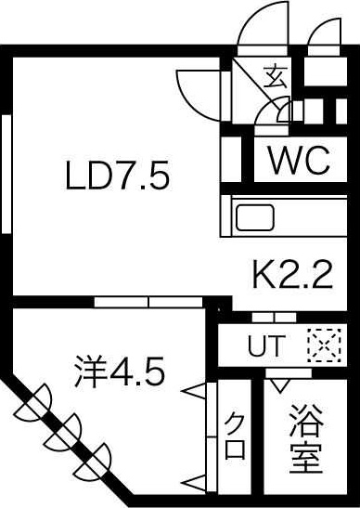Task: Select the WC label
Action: (x=299, y=162)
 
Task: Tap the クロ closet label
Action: (x=235, y=436)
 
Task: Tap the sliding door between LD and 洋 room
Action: (x=148, y=302)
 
